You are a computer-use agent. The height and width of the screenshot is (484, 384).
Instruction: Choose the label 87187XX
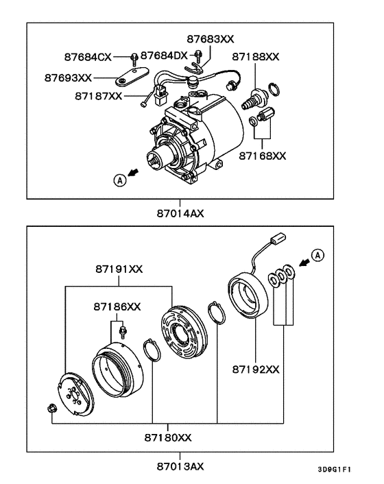[x=98, y=97]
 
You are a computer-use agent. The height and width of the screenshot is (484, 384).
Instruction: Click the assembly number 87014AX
[x=180, y=213]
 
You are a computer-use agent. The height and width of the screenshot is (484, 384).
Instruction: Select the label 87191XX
[x=119, y=269]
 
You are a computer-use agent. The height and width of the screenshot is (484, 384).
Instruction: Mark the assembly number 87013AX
[x=180, y=466]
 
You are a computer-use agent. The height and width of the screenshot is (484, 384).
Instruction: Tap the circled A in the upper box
[x=120, y=180]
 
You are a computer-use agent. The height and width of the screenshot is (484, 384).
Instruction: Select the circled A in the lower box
[x=316, y=256]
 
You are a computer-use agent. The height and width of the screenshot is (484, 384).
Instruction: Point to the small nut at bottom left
[x=52, y=409]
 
